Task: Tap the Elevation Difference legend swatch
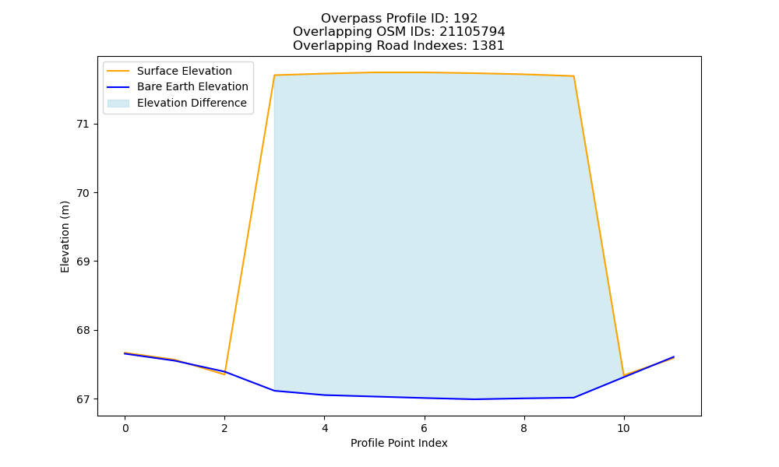(x=118, y=104)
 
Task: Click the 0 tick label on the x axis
(x=125, y=428)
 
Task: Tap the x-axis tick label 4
(x=324, y=428)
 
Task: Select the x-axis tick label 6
(x=425, y=428)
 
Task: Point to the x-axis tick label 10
(x=623, y=428)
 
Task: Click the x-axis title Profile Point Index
(x=399, y=443)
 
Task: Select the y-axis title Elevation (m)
(x=65, y=237)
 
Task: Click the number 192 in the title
(x=466, y=19)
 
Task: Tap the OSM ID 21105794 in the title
(x=472, y=32)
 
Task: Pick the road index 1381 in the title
(x=488, y=46)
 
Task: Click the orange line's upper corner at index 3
(x=274, y=75)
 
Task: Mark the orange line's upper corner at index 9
(x=574, y=76)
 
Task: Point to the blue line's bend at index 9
(x=574, y=398)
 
